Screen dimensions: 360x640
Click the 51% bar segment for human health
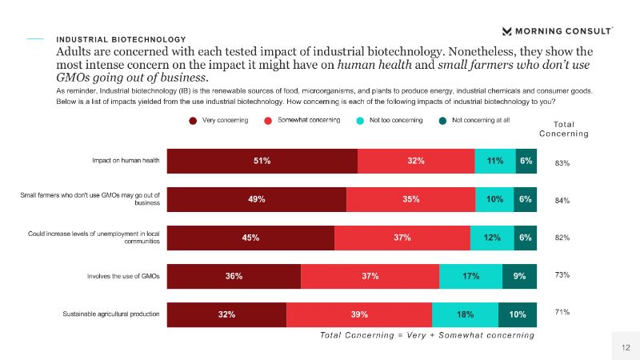[x=262, y=161]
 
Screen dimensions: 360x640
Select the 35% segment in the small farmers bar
[x=411, y=199]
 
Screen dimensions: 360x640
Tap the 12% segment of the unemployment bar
[x=492, y=238]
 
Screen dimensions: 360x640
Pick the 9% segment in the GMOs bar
[x=519, y=276]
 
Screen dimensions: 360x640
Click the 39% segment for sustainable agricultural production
[x=359, y=314]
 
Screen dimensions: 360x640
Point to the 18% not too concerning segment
[x=465, y=314]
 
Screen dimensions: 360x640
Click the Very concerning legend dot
[x=193, y=121]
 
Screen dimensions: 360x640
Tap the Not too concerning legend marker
[x=362, y=121]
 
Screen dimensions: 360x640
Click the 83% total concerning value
[x=562, y=163]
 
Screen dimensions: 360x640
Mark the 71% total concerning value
[x=562, y=311]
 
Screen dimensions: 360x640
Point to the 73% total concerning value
[x=562, y=274]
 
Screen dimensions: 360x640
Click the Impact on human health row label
[x=126, y=161]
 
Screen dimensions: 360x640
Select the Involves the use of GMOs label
[x=124, y=276]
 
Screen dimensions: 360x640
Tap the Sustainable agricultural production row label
[x=111, y=314]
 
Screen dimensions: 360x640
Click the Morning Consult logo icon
[x=507, y=31]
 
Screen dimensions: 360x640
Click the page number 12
[x=626, y=346]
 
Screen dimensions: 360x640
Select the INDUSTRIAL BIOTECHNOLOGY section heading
[x=121, y=39]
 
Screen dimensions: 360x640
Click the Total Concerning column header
[x=570, y=129]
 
